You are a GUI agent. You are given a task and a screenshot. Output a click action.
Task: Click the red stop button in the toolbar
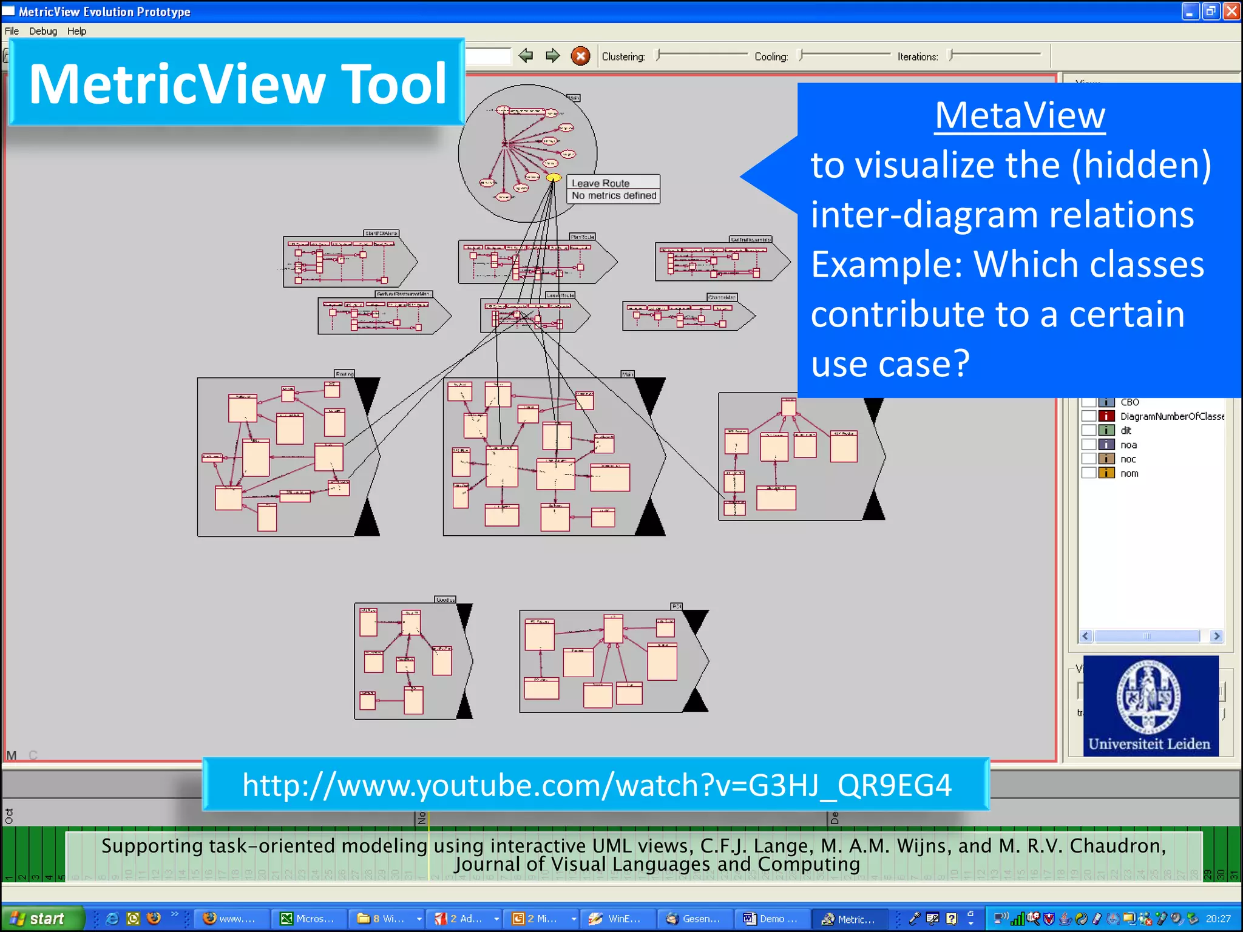pos(580,56)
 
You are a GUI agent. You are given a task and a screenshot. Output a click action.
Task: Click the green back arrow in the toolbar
pos(526,56)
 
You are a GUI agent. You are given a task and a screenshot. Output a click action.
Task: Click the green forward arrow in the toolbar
pos(552,56)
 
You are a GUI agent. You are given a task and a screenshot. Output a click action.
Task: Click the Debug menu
pos(43,31)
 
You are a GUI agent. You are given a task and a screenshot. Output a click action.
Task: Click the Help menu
pos(76,31)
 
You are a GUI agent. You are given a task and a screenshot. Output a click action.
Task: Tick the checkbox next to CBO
pos(1089,402)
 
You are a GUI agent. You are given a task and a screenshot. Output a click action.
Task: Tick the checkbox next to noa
pos(1089,445)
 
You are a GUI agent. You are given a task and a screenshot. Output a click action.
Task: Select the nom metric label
pos(1129,473)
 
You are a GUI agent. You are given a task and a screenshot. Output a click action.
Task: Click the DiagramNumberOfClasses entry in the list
pos(1171,416)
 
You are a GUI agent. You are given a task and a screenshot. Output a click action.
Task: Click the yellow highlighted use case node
pos(554,178)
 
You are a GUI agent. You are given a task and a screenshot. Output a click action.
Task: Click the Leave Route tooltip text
pos(600,183)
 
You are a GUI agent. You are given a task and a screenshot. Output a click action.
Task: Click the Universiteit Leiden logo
pos(1150,705)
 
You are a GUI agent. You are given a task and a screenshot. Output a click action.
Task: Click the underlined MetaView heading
pos(1020,115)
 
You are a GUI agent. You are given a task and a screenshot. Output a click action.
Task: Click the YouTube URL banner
pos(596,785)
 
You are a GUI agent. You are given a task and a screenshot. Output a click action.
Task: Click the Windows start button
pos(41,919)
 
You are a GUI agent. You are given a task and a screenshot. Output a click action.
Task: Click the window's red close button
pos(1232,12)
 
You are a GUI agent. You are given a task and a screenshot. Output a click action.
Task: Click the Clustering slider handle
pos(658,56)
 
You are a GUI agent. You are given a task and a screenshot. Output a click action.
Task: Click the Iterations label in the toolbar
pos(917,56)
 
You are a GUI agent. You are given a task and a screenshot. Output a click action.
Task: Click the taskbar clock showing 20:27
pos(1218,919)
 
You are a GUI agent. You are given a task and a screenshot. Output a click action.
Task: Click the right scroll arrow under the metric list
pos(1216,636)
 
